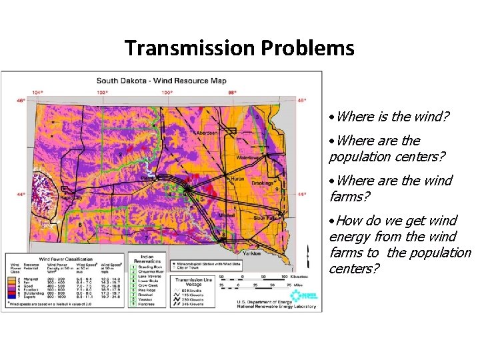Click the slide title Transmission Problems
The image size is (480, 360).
coord(239,49)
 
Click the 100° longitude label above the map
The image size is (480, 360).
coord(168,93)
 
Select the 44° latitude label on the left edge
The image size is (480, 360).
coord(21,195)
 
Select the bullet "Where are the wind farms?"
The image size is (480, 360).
coord(391,189)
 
